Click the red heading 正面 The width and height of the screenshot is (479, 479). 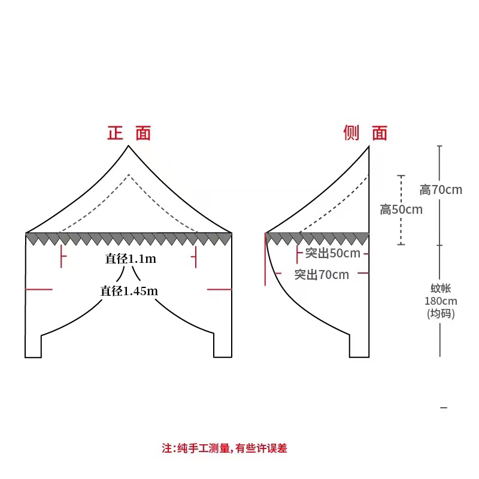pyautogui.click(x=129, y=133)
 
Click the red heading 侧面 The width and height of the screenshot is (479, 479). pyautogui.click(x=365, y=133)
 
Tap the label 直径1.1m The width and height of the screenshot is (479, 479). pyautogui.click(x=130, y=259)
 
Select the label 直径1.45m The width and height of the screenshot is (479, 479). pyautogui.click(x=129, y=291)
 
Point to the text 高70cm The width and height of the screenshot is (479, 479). pyautogui.click(x=441, y=190)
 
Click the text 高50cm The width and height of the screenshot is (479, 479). pyautogui.click(x=401, y=210)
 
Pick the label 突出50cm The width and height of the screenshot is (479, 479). pyautogui.click(x=333, y=253)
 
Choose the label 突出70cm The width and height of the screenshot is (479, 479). pyautogui.click(x=322, y=275)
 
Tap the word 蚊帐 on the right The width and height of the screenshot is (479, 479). pyautogui.click(x=441, y=289)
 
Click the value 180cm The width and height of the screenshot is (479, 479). pyautogui.click(x=441, y=301)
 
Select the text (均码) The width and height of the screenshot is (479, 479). pyautogui.click(x=441, y=313)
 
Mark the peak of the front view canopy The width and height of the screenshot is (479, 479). pyautogui.click(x=129, y=147)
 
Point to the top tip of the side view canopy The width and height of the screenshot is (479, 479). pyautogui.click(x=368, y=147)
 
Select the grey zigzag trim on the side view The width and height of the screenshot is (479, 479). pyautogui.click(x=317, y=238)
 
